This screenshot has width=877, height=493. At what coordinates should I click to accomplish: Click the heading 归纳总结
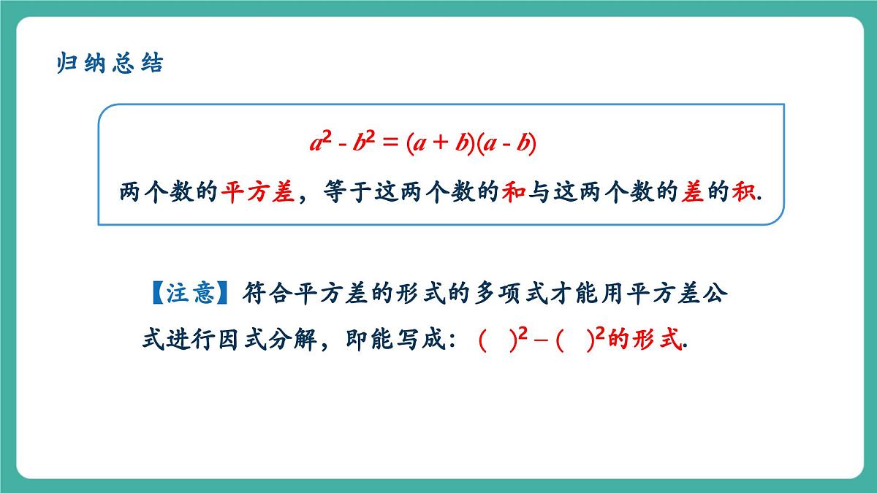coord(110,64)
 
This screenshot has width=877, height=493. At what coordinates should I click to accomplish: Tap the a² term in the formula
coord(319,142)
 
